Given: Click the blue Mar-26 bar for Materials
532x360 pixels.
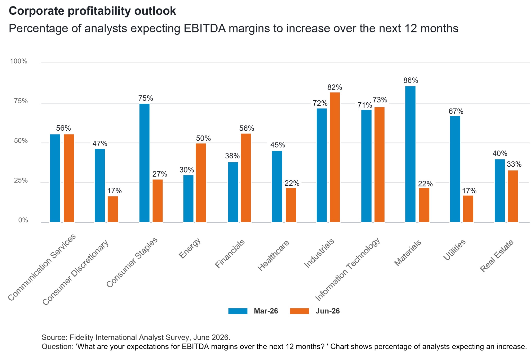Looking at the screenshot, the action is (x=410, y=154).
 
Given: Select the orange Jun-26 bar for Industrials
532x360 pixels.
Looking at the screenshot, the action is (x=335, y=157).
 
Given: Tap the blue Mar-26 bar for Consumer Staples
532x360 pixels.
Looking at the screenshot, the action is (x=144, y=163).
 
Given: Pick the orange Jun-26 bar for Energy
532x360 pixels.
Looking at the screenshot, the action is (x=201, y=183).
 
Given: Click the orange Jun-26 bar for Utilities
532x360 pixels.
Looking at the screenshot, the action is (x=468, y=209).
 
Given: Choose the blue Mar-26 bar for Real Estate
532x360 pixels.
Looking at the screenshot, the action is (x=500, y=191).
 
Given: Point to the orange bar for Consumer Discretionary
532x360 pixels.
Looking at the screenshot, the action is (x=113, y=209).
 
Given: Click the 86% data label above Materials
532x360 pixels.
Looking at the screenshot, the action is (x=411, y=80).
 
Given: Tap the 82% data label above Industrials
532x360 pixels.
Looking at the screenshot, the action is (x=335, y=87).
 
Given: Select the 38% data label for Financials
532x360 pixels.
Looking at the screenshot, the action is (x=232, y=156).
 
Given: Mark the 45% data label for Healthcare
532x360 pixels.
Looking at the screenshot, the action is (x=278, y=145).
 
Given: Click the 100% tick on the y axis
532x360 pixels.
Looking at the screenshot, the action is (x=19, y=61).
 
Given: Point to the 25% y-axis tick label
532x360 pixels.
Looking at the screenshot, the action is (x=21, y=181).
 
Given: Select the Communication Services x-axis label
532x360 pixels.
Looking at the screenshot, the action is (x=42, y=267).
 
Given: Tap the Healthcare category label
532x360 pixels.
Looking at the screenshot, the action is (x=273, y=255).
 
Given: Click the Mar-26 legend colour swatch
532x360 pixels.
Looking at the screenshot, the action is (x=238, y=311).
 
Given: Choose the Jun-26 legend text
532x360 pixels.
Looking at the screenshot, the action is (x=328, y=311).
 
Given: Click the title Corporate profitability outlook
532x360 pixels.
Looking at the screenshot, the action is (x=92, y=11).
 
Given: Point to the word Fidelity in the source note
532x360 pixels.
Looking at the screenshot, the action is (x=82, y=337).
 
